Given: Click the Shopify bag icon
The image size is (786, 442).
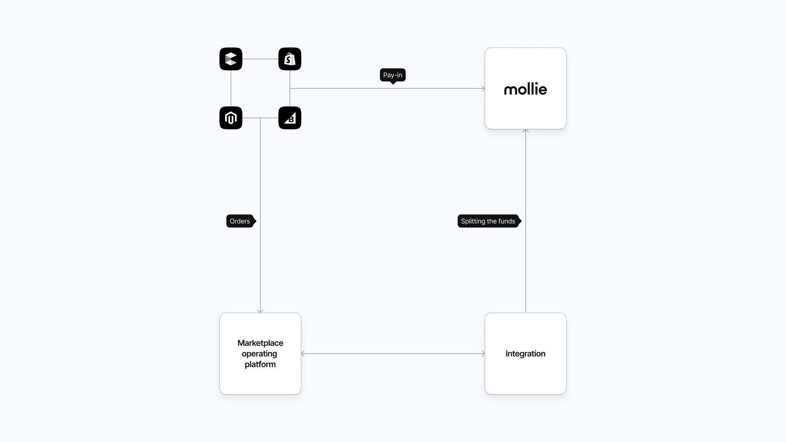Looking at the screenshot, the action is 290,59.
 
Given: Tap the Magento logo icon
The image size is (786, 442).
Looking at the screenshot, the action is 231,118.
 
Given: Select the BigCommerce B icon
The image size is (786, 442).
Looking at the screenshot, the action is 290,118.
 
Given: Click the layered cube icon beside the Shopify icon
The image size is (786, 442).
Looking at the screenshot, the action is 231,59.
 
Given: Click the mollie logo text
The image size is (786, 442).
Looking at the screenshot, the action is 526,89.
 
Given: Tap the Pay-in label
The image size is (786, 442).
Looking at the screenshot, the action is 393,75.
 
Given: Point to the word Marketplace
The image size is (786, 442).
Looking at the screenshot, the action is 260,343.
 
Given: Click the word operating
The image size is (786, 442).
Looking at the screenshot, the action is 260,354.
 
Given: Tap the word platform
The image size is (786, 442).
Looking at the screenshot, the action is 260,364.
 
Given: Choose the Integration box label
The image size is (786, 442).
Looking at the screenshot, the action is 525,354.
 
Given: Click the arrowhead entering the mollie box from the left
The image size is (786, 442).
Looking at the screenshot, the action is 483,88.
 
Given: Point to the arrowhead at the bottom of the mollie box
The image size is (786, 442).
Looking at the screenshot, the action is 526,131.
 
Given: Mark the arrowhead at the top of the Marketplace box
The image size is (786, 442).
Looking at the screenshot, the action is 260,311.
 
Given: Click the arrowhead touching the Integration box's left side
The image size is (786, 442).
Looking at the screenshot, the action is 483,354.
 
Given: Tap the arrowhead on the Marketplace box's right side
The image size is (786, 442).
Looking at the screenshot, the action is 303,354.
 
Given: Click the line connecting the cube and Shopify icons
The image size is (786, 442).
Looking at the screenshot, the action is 260,59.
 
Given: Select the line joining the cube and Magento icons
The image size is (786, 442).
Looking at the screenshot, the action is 231,88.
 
